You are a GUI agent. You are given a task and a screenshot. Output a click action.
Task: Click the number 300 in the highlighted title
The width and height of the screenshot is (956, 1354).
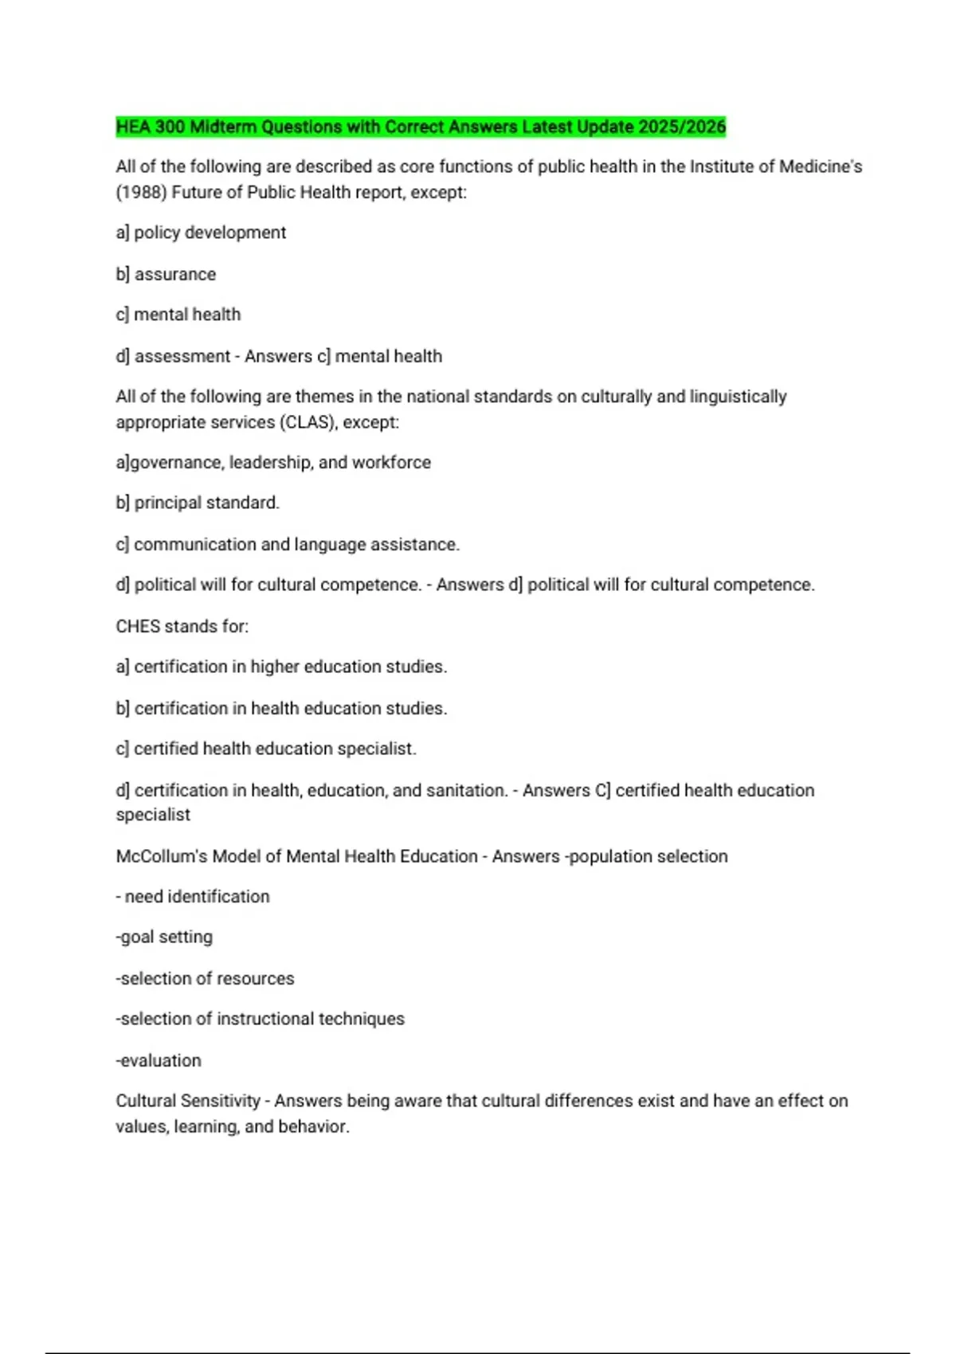169,127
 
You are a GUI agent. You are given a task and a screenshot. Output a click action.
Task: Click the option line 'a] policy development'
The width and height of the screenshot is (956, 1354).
201,233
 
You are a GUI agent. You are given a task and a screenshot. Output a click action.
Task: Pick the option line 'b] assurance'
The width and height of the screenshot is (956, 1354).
166,274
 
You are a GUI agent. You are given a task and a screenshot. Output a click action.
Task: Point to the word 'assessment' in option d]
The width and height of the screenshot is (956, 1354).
182,356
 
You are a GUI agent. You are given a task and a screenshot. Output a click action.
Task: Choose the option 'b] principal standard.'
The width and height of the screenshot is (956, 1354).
198,503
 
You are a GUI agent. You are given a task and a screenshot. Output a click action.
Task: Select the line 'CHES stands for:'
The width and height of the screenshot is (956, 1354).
182,627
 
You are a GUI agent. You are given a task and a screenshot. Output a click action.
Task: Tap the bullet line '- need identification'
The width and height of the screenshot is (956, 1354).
193,897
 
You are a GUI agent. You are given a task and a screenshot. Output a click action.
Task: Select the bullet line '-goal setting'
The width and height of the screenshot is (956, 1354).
164,937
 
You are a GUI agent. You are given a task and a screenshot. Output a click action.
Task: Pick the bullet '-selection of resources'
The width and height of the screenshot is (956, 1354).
205,979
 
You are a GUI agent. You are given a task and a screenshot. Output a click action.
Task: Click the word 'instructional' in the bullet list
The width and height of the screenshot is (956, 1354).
264,1019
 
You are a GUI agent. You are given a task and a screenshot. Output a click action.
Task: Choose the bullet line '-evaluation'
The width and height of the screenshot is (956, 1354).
159,1061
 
